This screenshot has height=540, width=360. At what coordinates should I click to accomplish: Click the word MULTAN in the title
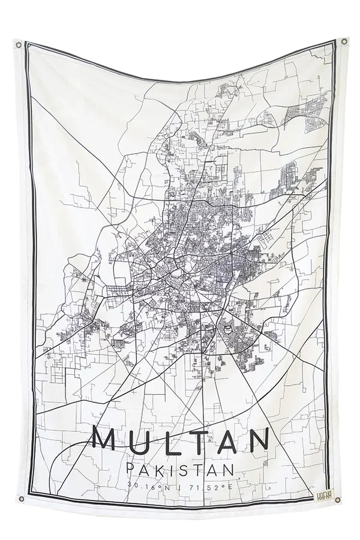pyautogui.click(x=181, y=440)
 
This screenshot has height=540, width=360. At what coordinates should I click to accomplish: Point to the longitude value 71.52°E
pyautogui.click(x=209, y=487)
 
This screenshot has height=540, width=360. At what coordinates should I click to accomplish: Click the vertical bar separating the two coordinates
pyautogui.click(x=181, y=487)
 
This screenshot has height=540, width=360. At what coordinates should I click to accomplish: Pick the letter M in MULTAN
pyautogui.click(x=109, y=440)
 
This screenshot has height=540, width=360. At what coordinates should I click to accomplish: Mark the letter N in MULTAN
pyautogui.click(x=256, y=440)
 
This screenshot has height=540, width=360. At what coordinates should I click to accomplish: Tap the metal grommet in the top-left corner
pyautogui.click(x=18, y=44)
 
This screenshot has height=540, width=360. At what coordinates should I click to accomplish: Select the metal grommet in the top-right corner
pyautogui.click(x=344, y=41)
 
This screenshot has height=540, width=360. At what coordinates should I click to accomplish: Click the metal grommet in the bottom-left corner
pyautogui.click(x=20, y=497)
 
